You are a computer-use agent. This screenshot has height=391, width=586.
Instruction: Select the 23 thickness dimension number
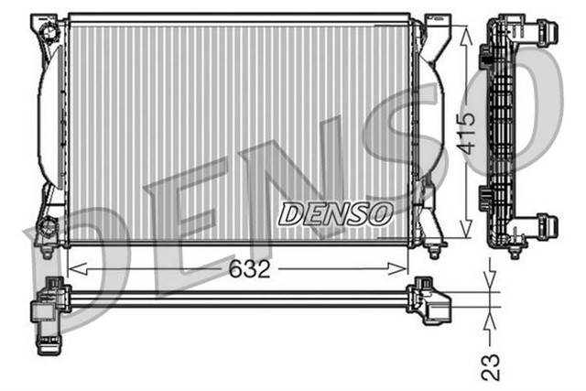pos(493,366)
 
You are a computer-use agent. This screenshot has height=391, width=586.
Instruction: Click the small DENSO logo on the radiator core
pos(335,214)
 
